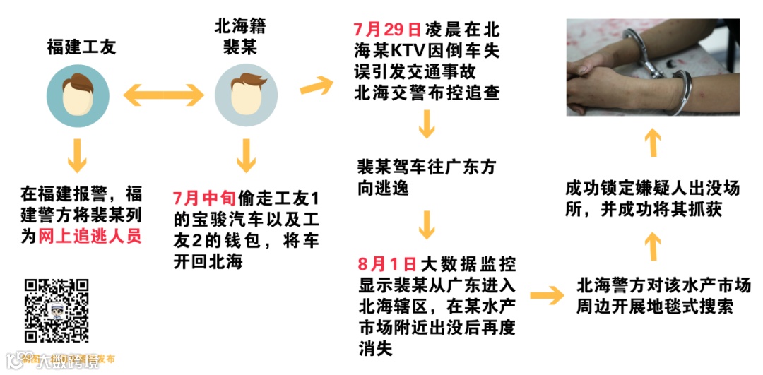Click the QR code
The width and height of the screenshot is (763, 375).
(x=57, y=311)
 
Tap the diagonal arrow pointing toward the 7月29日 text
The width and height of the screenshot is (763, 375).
(x=317, y=84)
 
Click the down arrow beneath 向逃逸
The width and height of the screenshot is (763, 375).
(x=426, y=225)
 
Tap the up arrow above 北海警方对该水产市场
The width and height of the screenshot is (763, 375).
(x=654, y=246)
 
